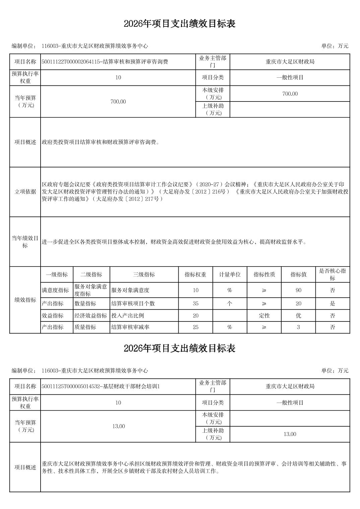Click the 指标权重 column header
[195, 275]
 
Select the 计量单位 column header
[230, 275]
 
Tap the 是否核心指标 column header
[332, 275]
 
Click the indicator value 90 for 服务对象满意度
[298, 290]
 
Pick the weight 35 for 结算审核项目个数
[195, 304]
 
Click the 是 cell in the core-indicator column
[332, 304]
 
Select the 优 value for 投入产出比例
[298, 315]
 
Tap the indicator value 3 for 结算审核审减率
[298, 327]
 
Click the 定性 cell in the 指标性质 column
[264, 315]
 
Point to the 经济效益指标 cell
[91, 315]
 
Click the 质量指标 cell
[85, 327]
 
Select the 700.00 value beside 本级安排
[290, 94]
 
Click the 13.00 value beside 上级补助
[290, 434]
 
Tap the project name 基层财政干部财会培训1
[101, 386]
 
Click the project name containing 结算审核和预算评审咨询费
[105, 62]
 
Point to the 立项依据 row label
[25, 192]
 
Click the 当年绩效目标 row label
[25, 242]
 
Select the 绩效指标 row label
[25, 300]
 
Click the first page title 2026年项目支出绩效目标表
[180, 24]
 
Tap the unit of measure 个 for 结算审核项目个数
[230, 304]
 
